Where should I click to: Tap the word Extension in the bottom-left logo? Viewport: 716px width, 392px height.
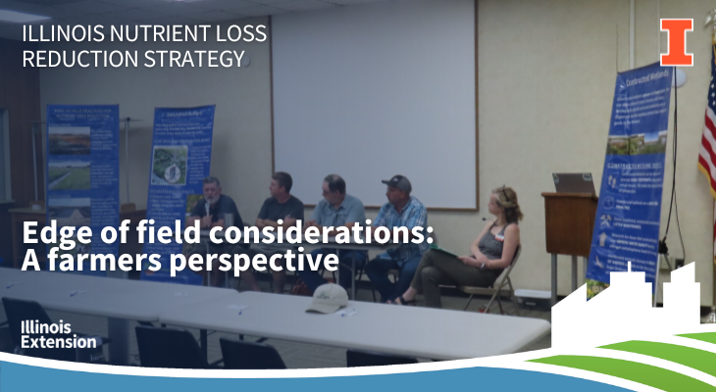pos(59,342)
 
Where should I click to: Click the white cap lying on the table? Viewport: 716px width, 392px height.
pos(328,298)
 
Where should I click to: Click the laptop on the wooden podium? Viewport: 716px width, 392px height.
pos(574,183)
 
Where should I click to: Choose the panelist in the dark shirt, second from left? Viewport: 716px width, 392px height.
pos(280,211)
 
